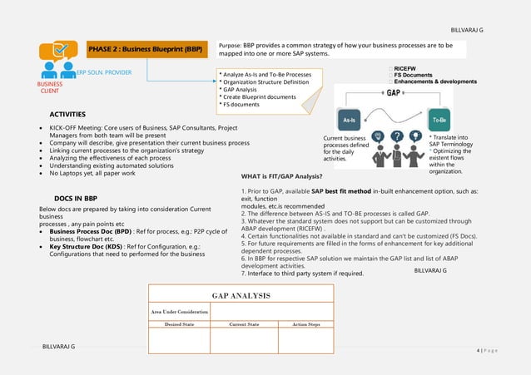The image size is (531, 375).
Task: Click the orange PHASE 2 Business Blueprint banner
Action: click(146, 50)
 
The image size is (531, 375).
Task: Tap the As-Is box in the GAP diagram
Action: click(350, 120)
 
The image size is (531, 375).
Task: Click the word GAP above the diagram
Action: click(395, 93)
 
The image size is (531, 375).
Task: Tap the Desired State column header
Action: click(179, 324)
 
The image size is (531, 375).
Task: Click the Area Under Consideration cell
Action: click(179, 311)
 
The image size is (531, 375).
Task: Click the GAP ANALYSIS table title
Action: click(241, 295)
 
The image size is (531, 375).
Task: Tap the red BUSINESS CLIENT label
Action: click(50, 87)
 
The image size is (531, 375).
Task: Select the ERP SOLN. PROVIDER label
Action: click(104, 73)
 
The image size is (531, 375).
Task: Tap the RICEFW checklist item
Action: click(410, 68)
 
